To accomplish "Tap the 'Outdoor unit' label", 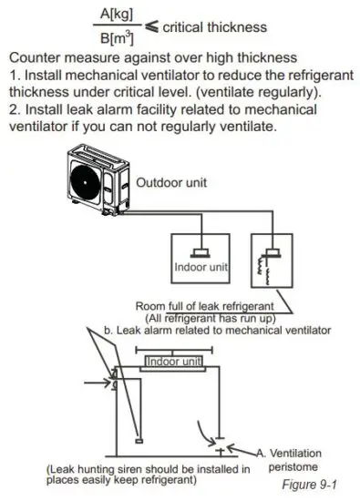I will coord(173,182).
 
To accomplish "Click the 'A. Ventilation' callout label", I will coord(294,453).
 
